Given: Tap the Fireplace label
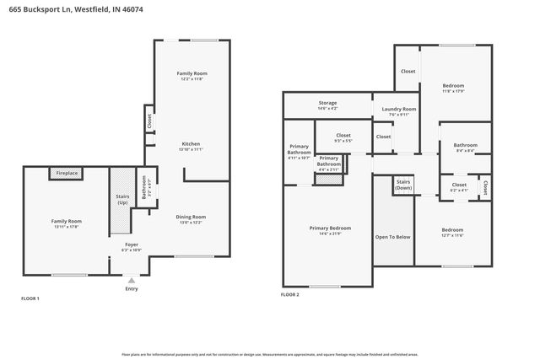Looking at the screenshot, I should [x=67, y=173].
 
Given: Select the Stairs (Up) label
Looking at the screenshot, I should [x=121, y=200].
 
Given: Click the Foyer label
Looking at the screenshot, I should [x=132, y=244].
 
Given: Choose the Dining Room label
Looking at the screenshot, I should [x=191, y=217].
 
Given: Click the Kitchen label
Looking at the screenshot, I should [x=191, y=143].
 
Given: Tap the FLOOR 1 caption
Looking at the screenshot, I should [x=30, y=298].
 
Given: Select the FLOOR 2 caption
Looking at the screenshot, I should [x=289, y=295].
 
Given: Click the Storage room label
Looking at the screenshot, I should [x=327, y=102].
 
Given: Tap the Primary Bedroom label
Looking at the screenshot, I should [x=330, y=228].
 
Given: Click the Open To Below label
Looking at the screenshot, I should [x=392, y=237].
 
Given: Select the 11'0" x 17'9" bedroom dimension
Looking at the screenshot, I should [x=455, y=92].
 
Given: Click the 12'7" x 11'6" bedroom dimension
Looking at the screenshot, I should [x=451, y=235].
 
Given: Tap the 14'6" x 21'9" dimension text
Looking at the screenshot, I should [x=330, y=234].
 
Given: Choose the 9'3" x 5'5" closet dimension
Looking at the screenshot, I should [x=343, y=141].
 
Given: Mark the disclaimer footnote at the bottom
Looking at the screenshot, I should [x=270, y=352].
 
